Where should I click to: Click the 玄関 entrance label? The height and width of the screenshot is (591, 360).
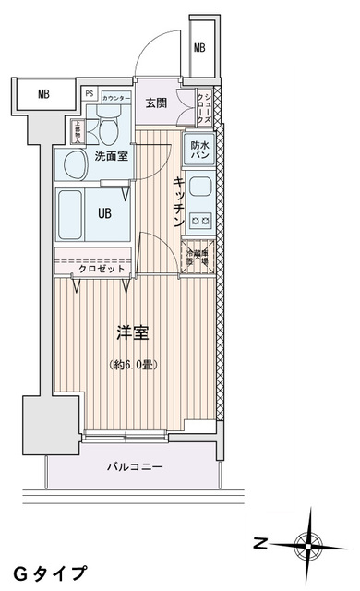pyautogui.click(x=155, y=102)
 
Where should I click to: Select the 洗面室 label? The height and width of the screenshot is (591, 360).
pyautogui.click(x=111, y=156)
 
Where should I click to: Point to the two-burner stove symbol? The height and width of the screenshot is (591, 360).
pyautogui.click(x=200, y=221)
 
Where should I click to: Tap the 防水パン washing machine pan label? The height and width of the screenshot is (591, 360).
pyautogui.click(x=200, y=150)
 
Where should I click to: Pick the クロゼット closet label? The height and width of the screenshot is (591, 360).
pyautogui.click(x=96, y=269)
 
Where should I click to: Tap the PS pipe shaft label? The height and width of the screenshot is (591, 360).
pyautogui.click(x=90, y=93)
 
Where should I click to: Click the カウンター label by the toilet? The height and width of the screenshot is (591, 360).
pyautogui.click(x=115, y=98)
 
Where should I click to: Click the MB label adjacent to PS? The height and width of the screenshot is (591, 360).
pyautogui.click(x=43, y=93)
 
